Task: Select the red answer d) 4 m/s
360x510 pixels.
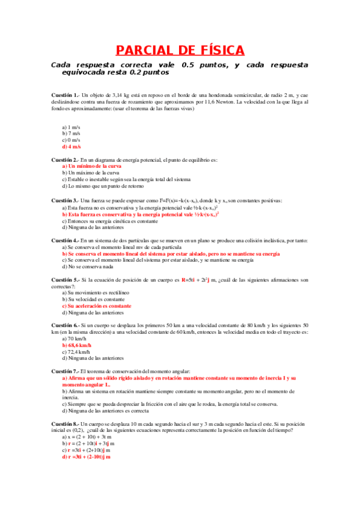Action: coord(72,147)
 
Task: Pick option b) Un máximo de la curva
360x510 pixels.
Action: coord(90,173)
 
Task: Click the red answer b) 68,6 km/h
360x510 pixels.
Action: coord(77,345)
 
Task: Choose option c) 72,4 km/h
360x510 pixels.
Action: coord(76,352)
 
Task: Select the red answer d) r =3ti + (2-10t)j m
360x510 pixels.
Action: coord(87,457)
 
